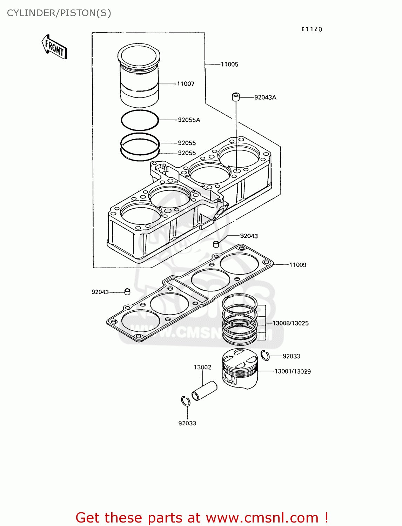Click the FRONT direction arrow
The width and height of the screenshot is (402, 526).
point(54,47)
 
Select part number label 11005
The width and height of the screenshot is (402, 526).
point(229,64)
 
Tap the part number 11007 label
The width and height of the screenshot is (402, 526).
point(186,84)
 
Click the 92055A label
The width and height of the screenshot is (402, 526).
point(189,120)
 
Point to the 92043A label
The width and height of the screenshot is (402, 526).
point(265,97)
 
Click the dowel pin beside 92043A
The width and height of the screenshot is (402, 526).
point(236,96)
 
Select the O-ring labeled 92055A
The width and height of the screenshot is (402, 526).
point(140,120)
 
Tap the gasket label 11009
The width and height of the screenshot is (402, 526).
point(297,265)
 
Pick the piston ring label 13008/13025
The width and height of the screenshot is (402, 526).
point(290,323)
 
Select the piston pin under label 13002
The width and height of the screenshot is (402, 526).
point(205,391)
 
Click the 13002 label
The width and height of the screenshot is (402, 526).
point(202,367)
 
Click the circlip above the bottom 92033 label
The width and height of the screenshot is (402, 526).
point(186,401)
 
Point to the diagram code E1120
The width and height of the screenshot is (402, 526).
point(311,29)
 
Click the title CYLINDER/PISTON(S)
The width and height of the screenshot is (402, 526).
point(59,13)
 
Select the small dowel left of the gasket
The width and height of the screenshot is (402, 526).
point(127,292)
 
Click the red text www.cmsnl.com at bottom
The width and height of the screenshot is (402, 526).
point(262,518)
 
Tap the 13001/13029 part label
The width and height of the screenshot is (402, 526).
point(293,371)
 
